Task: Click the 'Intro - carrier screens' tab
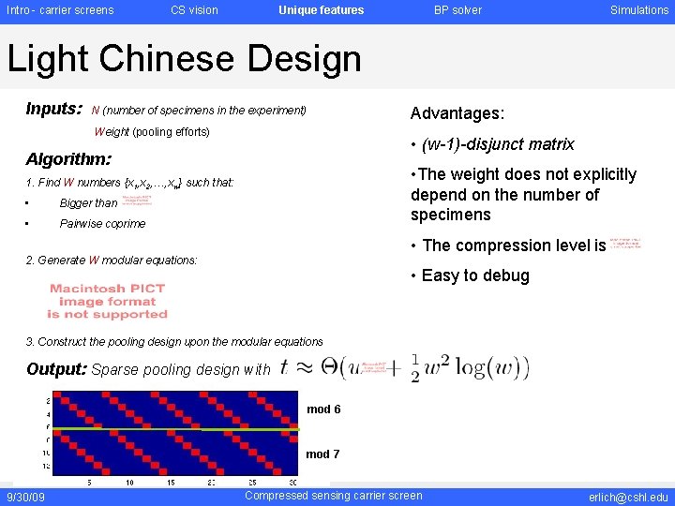pos(60,10)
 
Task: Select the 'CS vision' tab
pos(194,10)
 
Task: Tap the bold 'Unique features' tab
pos(321,10)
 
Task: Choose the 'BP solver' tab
pos(457,10)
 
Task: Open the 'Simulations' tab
pos(639,10)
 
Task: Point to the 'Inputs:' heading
pos(54,110)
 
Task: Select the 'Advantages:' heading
pos(457,113)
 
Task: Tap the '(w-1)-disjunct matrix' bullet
pos(497,144)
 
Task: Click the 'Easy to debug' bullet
pos(474,275)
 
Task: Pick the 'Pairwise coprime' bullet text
pos(102,224)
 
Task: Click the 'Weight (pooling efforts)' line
pos(152,132)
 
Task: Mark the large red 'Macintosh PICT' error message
pos(108,302)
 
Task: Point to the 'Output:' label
pos(57,369)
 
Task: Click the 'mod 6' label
pos(323,409)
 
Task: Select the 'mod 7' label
pos(322,454)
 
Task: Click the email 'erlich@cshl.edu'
pos(628,496)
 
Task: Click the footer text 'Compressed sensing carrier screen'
pos(333,496)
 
